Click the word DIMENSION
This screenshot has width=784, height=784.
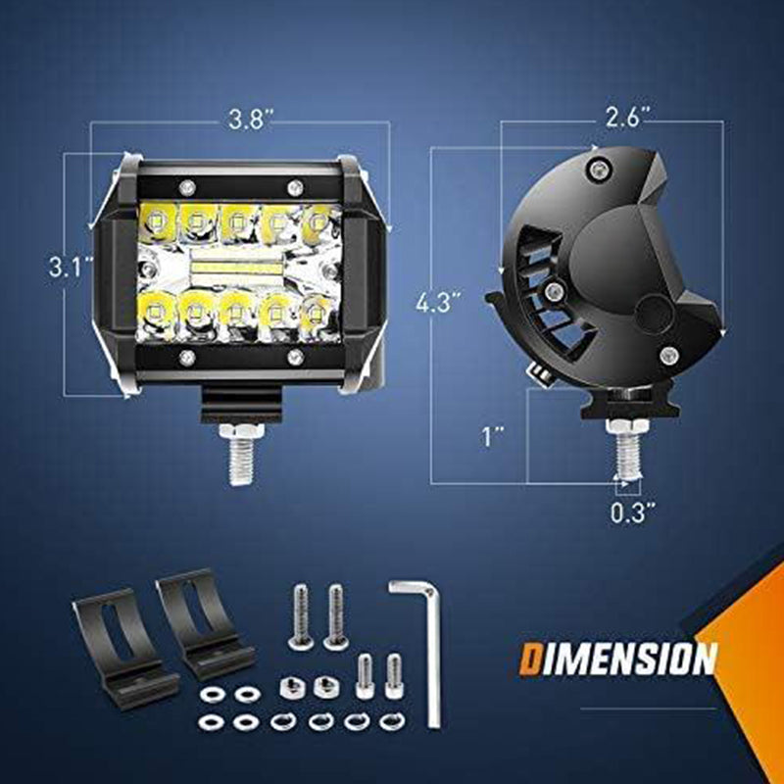(618, 659)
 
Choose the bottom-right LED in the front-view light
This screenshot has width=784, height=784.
(316, 314)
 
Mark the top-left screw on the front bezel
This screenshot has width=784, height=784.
(185, 186)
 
